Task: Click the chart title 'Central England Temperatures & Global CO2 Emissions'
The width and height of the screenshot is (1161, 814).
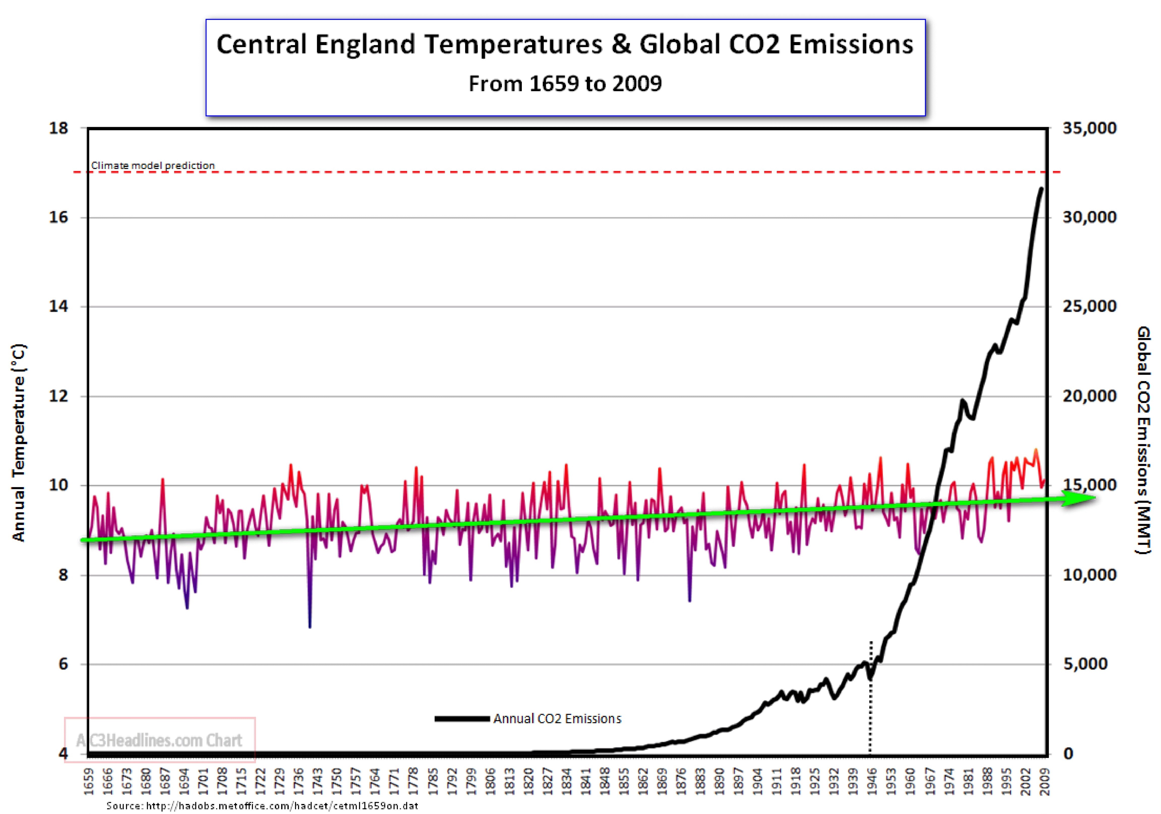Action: tap(565, 44)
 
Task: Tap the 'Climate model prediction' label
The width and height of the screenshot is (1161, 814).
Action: tap(153, 165)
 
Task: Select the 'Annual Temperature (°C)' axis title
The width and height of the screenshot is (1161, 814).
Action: tap(19, 442)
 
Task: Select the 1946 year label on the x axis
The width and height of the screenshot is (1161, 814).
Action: tap(872, 781)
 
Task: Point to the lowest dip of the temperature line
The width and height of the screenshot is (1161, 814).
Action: tap(309, 627)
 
